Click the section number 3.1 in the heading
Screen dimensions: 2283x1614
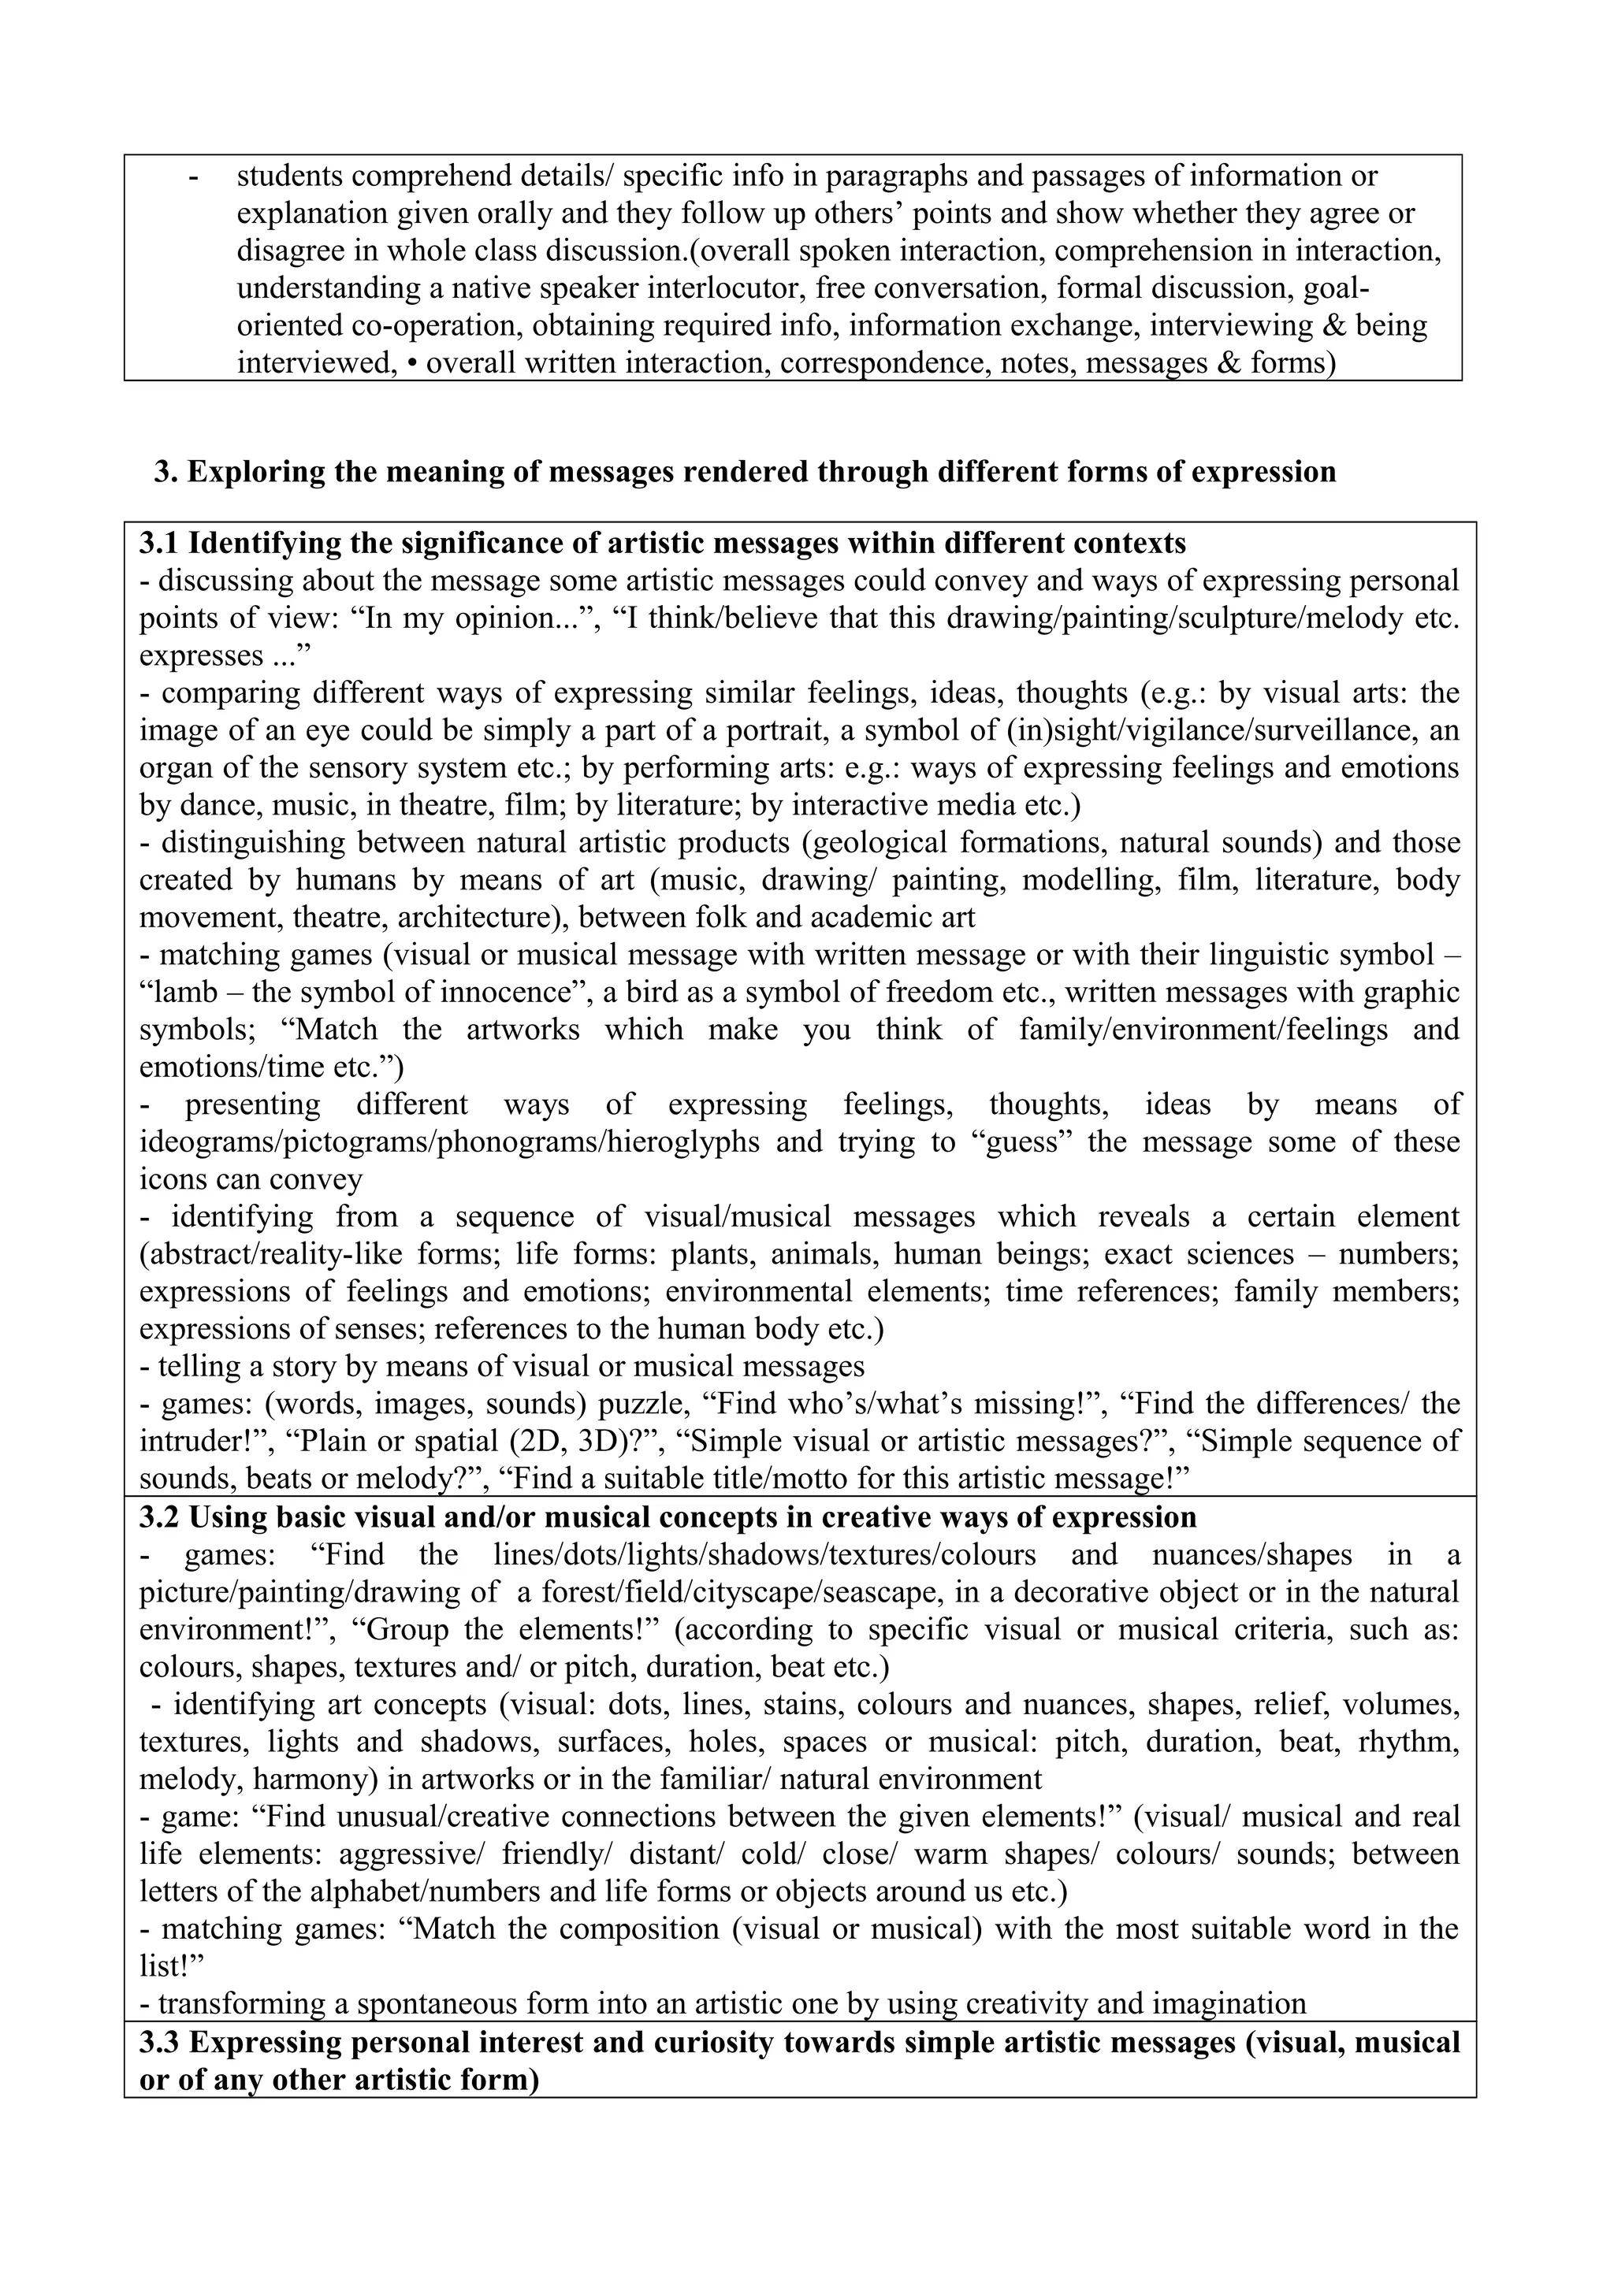[x=159, y=544]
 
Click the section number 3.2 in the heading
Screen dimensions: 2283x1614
[x=159, y=1517]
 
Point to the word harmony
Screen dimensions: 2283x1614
[x=312, y=1779]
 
